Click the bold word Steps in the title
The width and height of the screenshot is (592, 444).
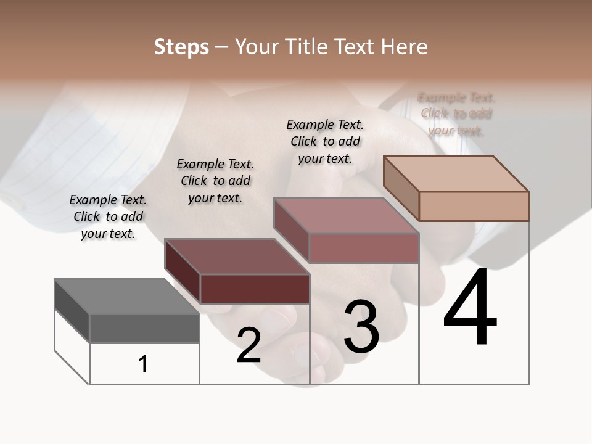pyautogui.click(x=181, y=47)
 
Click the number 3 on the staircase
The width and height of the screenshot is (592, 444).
pyautogui.click(x=361, y=327)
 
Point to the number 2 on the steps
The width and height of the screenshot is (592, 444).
pyautogui.click(x=249, y=345)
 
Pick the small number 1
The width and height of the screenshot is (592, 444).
pyautogui.click(x=143, y=364)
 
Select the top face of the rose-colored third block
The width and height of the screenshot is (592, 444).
pyautogui.click(x=346, y=216)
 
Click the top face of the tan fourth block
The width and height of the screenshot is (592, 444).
pyautogui.click(x=456, y=173)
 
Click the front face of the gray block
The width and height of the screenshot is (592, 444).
pyautogui.click(x=144, y=328)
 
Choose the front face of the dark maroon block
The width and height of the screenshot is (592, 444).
pyautogui.click(x=255, y=289)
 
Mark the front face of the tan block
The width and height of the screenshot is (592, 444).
pyautogui.click(x=474, y=206)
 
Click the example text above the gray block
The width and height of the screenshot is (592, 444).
pyautogui.click(x=108, y=216)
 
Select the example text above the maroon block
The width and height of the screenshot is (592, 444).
pyautogui.click(x=215, y=181)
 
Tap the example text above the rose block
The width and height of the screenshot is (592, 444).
pyautogui.click(x=325, y=141)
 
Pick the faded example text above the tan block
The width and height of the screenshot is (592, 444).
pyautogui.click(x=456, y=113)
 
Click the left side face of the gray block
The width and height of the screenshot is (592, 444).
pyautogui.click(x=72, y=310)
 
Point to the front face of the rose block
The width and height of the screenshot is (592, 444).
pyautogui.click(x=364, y=249)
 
